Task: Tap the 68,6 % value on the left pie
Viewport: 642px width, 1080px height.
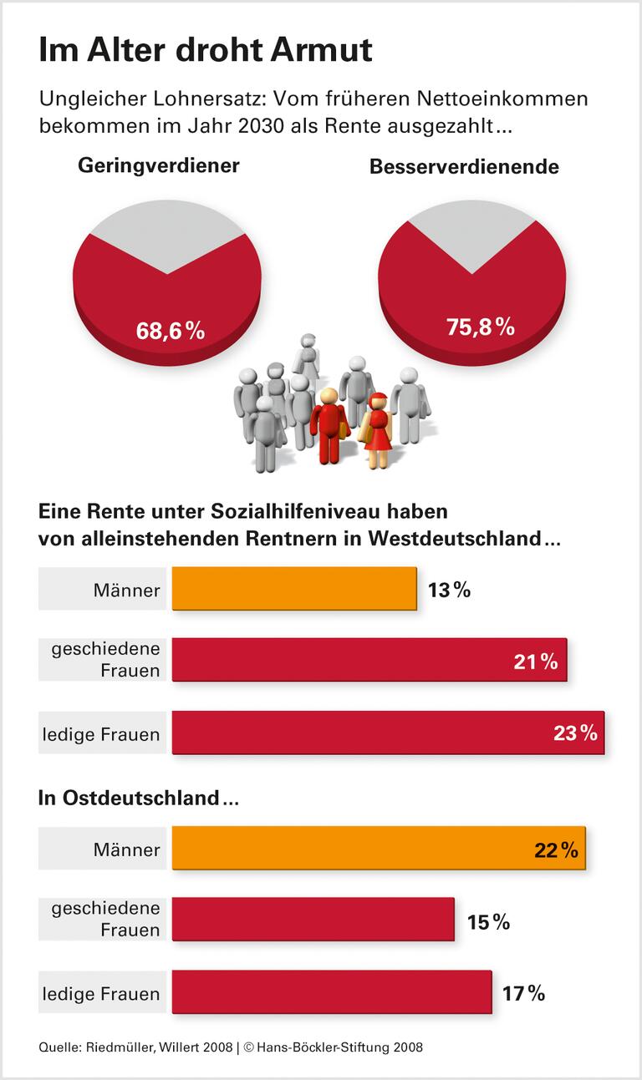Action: click(171, 330)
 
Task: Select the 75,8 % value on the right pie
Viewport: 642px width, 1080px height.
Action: click(480, 327)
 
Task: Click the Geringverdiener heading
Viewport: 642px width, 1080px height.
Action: click(159, 165)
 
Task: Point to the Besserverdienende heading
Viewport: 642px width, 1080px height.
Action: click(464, 167)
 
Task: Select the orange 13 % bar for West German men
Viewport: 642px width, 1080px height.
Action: click(294, 589)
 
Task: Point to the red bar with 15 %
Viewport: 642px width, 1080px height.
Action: click(313, 920)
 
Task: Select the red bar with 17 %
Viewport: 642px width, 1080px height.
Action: click(332, 992)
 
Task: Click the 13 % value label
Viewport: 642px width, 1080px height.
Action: click(449, 591)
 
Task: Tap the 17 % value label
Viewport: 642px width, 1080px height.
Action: click(523, 994)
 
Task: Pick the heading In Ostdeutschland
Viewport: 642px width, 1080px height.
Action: click(139, 798)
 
